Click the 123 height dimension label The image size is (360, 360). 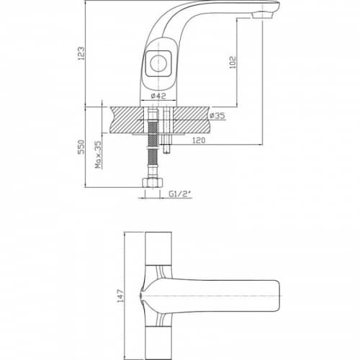(81, 53)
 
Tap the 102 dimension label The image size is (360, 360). (233, 63)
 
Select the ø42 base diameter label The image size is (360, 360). (158, 96)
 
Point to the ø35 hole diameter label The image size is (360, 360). (217, 116)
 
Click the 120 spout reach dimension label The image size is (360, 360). (199, 140)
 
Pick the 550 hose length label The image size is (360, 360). (81, 147)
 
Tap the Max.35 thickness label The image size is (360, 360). (98, 155)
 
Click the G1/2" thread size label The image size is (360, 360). (178, 194)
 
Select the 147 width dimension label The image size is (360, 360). (120, 296)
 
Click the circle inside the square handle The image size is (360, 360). (157, 63)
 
